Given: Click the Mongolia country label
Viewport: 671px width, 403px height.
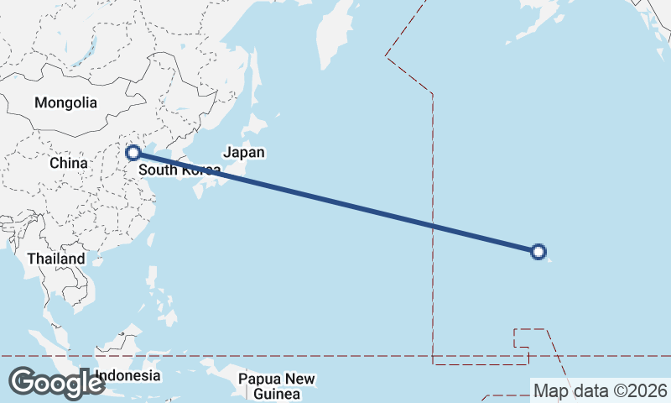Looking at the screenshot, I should pyautogui.click(x=65, y=103).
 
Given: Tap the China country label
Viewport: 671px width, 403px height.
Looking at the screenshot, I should pyautogui.click(x=68, y=162).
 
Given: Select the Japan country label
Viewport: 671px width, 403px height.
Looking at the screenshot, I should pyautogui.click(x=244, y=153).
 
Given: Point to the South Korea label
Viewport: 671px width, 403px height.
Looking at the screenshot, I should pyautogui.click(x=179, y=170).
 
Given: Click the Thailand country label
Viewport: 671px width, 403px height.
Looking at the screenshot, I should pyautogui.click(x=56, y=259).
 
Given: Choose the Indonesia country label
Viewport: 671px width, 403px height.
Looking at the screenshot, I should pyautogui.click(x=127, y=375).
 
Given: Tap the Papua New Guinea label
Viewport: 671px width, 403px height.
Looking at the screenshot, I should pyautogui.click(x=277, y=386).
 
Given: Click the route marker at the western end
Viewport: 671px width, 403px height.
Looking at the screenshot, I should pyautogui.click(x=133, y=153).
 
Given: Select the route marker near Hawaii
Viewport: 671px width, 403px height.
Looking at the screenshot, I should pyautogui.click(x=539, y=250).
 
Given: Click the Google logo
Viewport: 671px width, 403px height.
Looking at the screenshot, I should pyautogui.click(x=56, y=382).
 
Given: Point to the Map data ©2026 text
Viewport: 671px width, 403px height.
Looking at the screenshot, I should pyautogui.click(x=601, y=390).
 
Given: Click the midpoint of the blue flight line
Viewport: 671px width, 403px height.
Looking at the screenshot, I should pyautogui.click(x=335, y=201).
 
